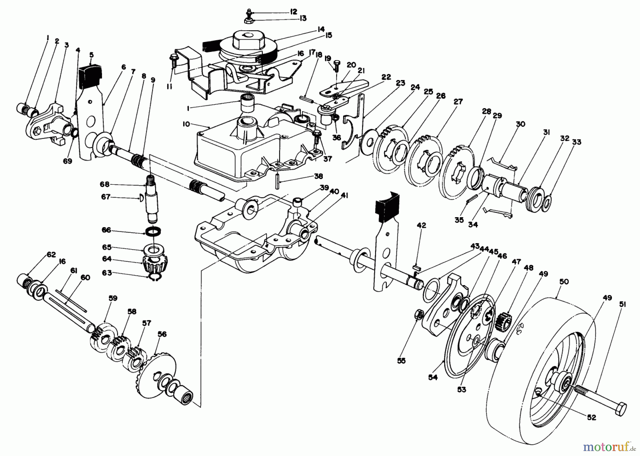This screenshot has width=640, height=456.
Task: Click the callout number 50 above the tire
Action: [x=564, y=282]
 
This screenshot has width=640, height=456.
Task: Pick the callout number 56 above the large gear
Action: [x=162, y=334]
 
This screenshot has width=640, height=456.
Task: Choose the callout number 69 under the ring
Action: [x=68, y=161]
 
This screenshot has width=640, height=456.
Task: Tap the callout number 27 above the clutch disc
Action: [x=458, y=102]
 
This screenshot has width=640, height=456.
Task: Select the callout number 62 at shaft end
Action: [x=51, y=254]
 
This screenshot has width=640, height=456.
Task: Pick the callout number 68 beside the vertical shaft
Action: [x=105, y=184]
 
